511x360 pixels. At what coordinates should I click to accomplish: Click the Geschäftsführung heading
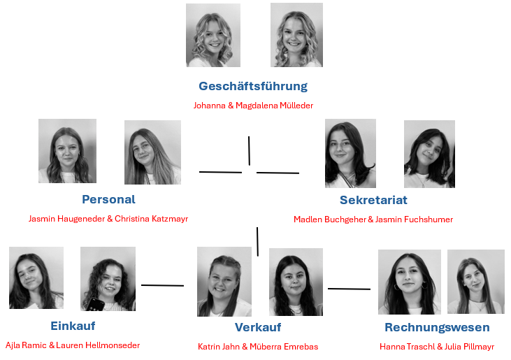[253, 86]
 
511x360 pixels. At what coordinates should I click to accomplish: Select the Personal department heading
[108, 199]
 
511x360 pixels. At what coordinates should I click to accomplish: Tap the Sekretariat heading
[373, 200]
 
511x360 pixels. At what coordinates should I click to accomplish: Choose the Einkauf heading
[73, 326]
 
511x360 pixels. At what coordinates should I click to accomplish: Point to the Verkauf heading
[258, 327]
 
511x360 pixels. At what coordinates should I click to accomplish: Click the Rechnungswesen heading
[437, 327]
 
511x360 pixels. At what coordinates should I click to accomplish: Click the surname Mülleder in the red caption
[295, 106]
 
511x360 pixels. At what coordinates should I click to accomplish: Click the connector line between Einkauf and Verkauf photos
[162, 285]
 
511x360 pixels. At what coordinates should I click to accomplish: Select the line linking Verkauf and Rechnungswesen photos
[349, 288]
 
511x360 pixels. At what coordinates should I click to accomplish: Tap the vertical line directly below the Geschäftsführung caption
[249, 150]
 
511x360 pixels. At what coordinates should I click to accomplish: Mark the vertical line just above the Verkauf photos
[257, 241]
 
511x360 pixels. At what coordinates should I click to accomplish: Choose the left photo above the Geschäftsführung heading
[213, 35]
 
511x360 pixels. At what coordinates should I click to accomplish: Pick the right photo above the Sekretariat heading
[429, 154]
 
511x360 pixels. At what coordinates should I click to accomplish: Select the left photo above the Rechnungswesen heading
[409, 282]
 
